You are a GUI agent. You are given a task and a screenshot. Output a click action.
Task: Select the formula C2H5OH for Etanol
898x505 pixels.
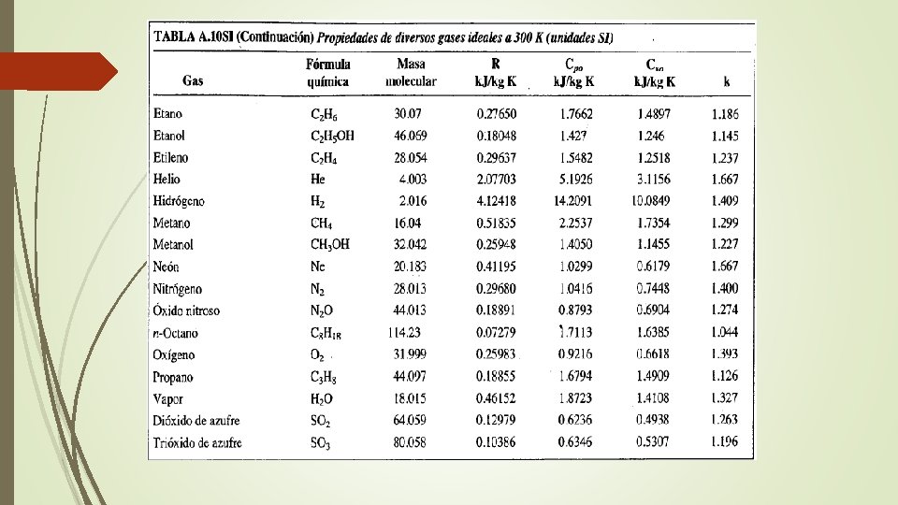tap(332, 136)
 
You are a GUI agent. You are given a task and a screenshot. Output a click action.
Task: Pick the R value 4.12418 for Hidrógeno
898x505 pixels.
tap(497, 200)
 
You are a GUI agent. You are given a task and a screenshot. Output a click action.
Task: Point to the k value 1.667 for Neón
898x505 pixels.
tap(724, 266)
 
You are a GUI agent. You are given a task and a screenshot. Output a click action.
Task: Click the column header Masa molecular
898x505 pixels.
tap(411, 73)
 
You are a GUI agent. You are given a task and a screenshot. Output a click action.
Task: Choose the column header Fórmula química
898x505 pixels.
tap(328, 73)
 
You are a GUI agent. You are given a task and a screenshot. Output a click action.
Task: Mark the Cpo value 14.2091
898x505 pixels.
tap(572, 200)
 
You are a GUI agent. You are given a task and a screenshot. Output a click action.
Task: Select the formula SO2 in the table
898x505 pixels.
tap(321, 421)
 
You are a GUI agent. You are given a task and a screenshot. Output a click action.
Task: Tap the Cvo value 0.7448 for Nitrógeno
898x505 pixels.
tap(651, 288)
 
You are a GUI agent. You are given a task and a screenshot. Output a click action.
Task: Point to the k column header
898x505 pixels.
tap(727, 81)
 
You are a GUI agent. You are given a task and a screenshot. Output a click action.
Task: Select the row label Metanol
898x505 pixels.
tap(173, 244)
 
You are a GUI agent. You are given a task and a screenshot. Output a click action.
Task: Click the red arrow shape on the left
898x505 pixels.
tap(56, 70)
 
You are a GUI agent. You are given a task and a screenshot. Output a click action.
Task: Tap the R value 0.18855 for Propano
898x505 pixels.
tap(497, 377)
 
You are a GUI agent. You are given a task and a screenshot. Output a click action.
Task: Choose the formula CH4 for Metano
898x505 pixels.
tap(323, 223)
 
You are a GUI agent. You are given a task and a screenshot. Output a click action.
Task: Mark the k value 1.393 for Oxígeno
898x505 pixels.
tap(724, 354)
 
